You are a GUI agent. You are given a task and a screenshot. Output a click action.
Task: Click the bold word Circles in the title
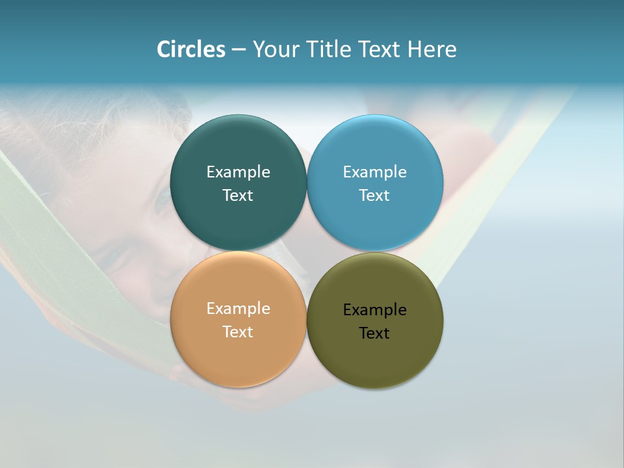tap(191, 49)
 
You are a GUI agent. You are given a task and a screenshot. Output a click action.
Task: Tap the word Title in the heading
tap(330, 49)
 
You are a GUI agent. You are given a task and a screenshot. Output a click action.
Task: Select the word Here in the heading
tap(432, 49)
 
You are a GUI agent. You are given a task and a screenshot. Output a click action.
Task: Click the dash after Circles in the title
tap(239, 50)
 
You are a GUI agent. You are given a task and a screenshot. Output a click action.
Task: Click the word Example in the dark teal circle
tap(238, 172)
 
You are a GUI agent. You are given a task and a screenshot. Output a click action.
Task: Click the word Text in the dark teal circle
tap(238, 196)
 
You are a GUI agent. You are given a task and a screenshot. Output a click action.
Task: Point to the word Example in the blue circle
tap(375, 172)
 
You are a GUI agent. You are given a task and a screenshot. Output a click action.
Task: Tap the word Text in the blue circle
tap(375, 196)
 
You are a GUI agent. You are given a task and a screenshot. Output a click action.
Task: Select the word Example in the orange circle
tap(238, 309)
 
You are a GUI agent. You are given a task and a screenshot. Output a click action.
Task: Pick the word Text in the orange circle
tap(238, 332)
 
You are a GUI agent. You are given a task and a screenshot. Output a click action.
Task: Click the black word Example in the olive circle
tap(375, 310)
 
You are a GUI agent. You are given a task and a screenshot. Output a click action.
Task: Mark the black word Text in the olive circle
tap(375, 333)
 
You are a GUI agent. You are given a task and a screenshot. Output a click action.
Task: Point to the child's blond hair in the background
tap(39, 123)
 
